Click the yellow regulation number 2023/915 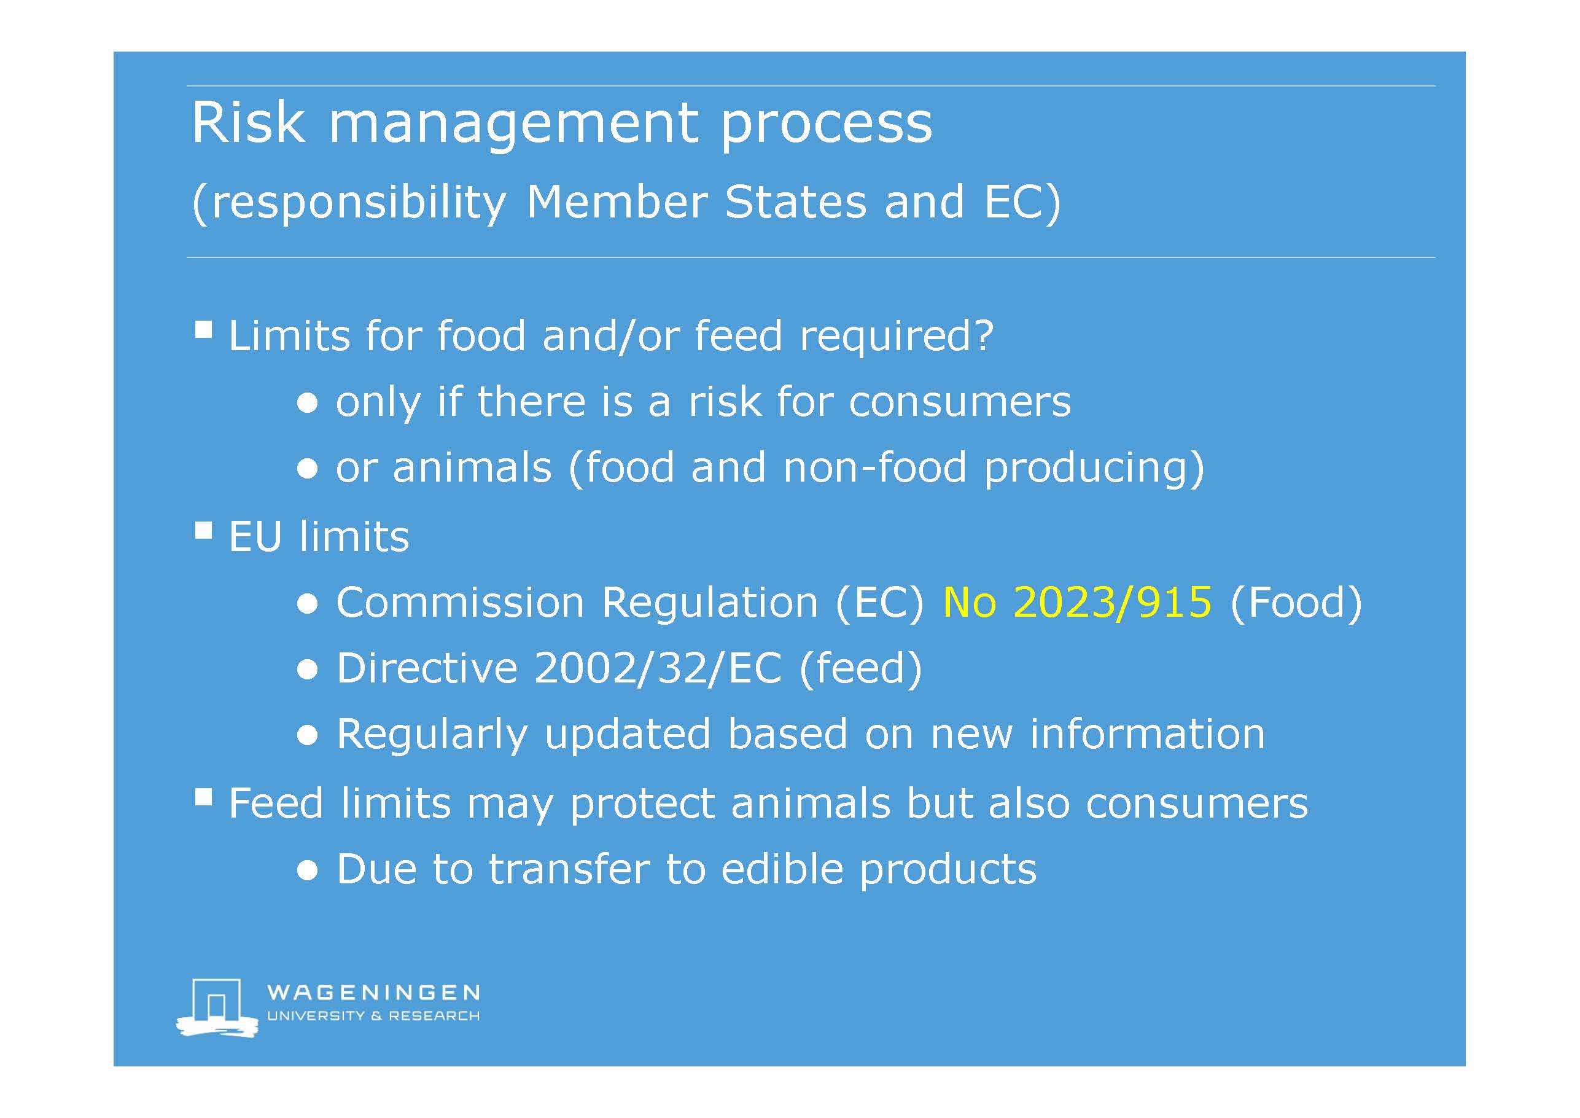coord(1113,603)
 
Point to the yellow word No coord(970,603)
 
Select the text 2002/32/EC coord(658,668)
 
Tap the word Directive coord(427,668)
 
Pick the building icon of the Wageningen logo coord(217,1006)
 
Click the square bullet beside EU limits coord(203,530)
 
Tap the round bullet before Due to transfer coord(308,871)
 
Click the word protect coord(643,805)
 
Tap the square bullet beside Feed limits coord(203,797)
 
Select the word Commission coord(461,603)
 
